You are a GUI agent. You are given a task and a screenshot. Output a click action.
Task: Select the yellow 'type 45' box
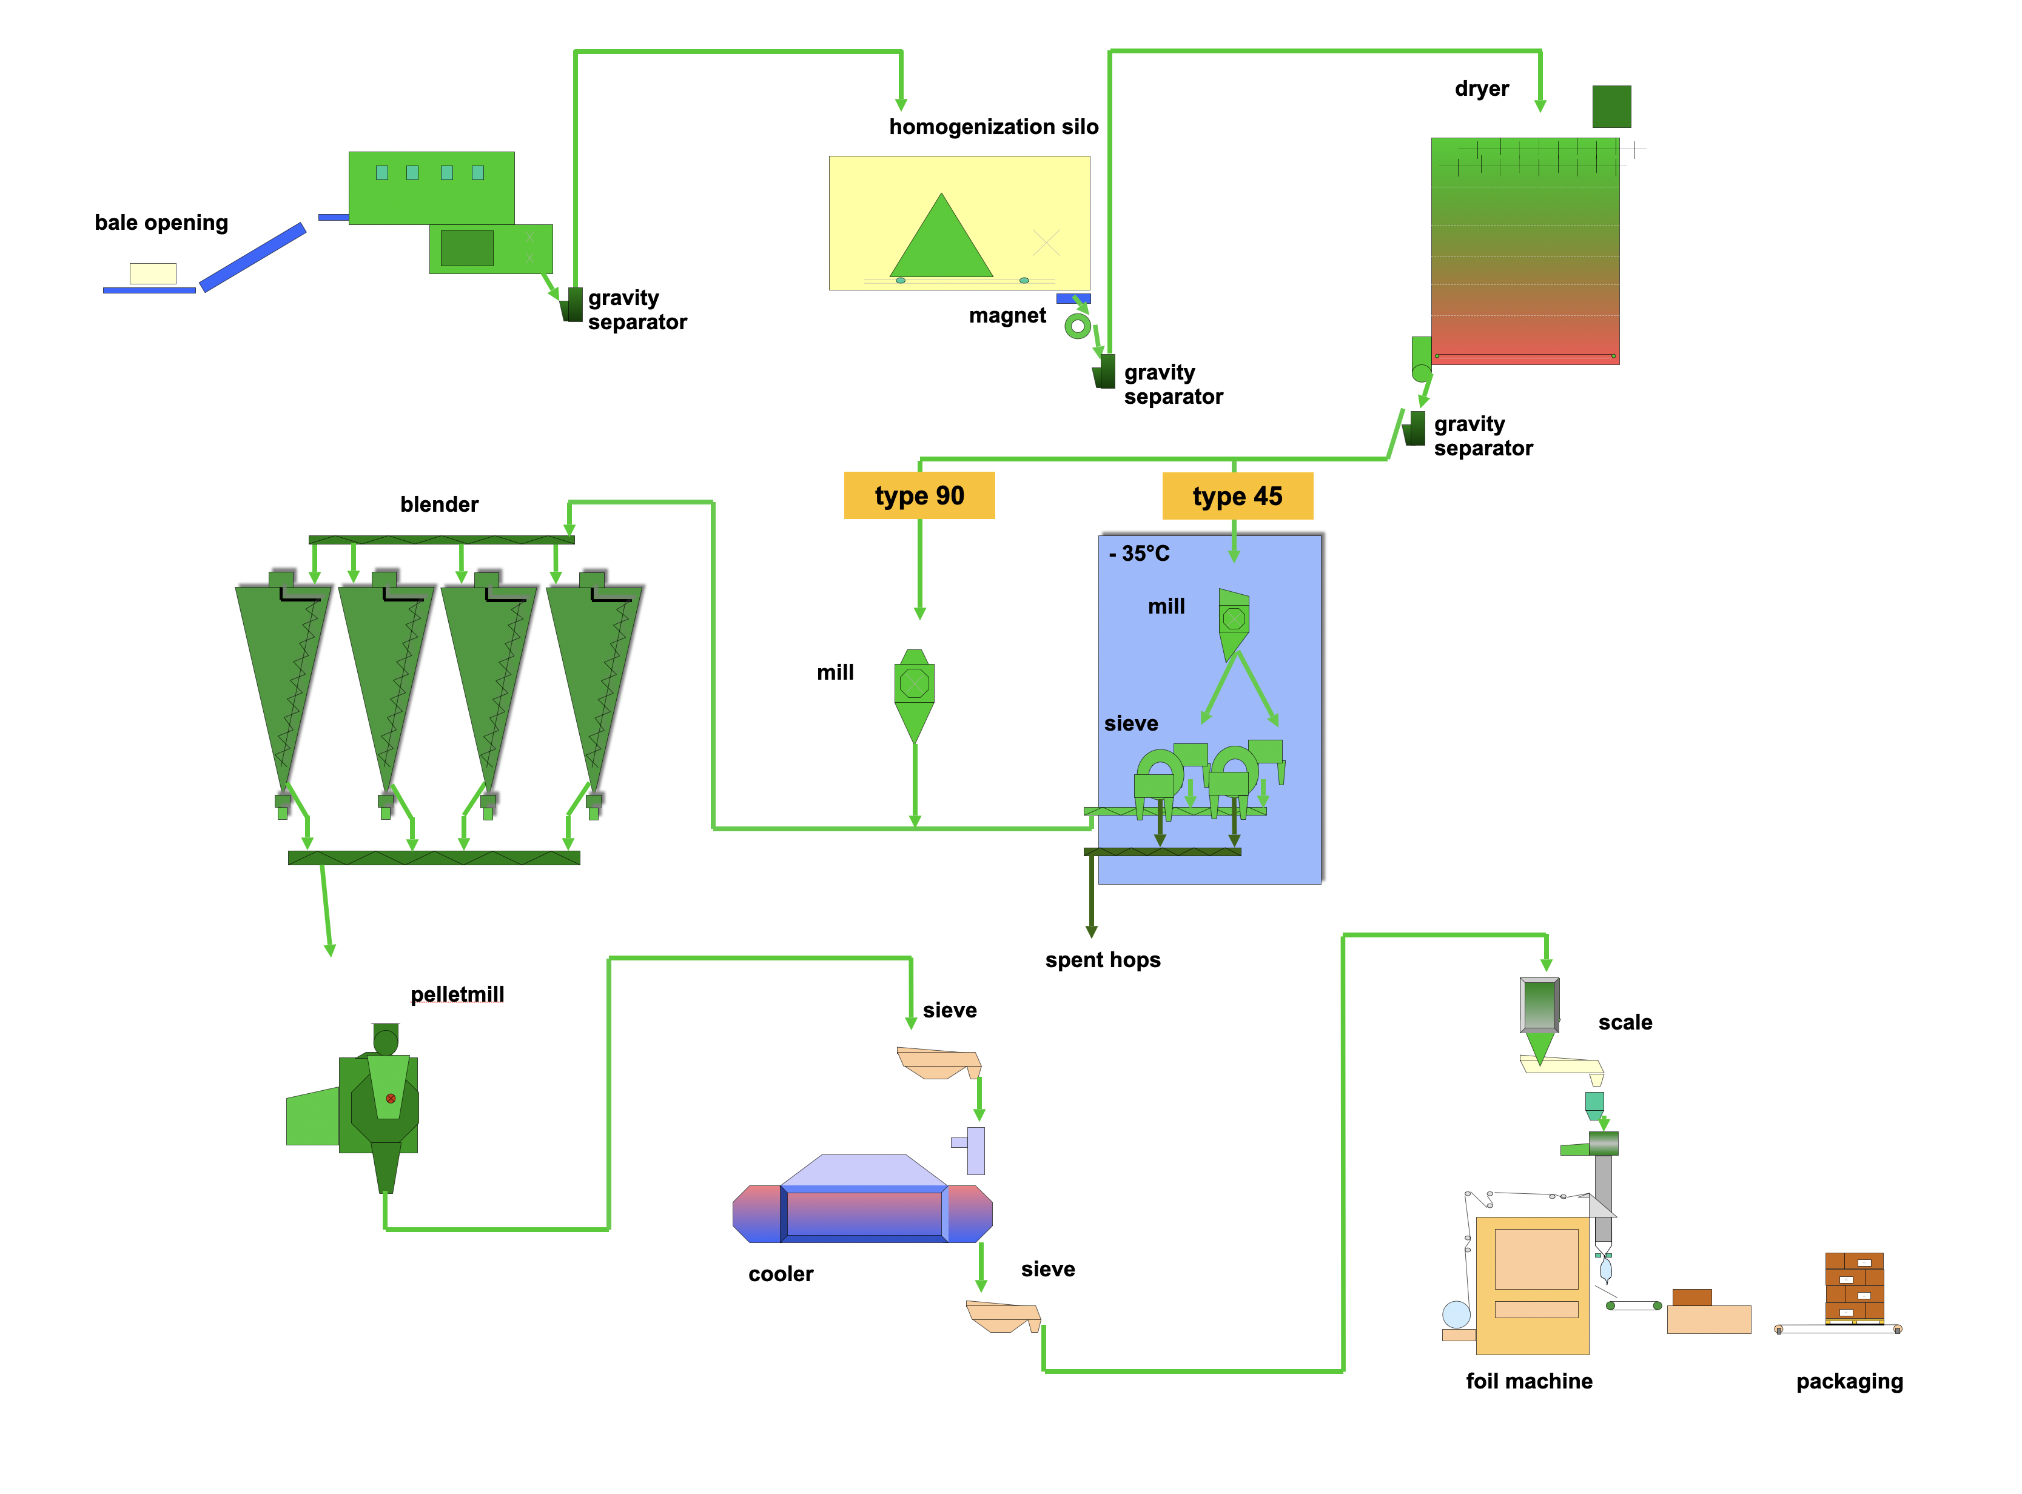[1237, 495]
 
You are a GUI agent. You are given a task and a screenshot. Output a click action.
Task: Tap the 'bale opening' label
[161, 223]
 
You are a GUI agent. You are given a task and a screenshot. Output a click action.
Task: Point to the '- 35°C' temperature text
[1139, 554]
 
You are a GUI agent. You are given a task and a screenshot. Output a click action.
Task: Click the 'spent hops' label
[1102, 960]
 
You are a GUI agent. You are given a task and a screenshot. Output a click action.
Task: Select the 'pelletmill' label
[457, 994]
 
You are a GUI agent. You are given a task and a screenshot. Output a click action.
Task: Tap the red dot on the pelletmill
[391, 1098]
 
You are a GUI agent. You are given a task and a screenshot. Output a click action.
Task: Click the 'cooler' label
[781, 1273]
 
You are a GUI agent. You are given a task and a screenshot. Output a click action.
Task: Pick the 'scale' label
[1625, 1022]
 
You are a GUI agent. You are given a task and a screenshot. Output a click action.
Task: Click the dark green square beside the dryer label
[1611, 107]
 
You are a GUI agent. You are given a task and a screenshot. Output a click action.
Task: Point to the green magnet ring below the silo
[1076, 326]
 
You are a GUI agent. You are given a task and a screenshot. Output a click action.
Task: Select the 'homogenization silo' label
[993, 127]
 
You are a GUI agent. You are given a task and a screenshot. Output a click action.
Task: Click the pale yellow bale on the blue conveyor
[153, 273]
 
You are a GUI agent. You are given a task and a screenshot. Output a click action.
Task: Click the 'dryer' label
[1481, 89]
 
